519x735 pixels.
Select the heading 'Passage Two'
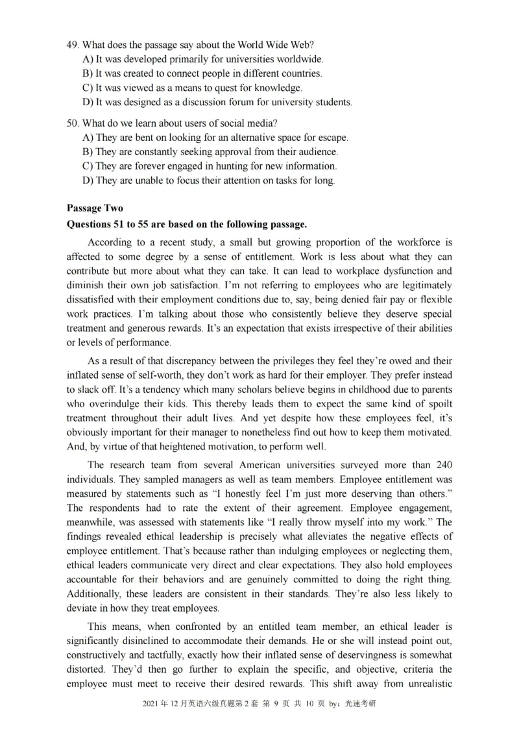pos(95,208)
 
